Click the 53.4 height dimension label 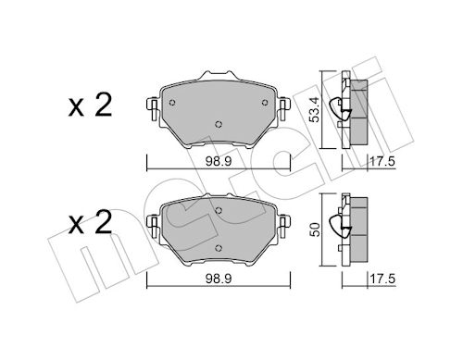point(315,109)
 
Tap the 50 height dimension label point(315,230)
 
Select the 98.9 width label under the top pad point(219,162)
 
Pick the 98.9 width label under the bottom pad point(219,279)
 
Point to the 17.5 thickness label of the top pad point(382,162)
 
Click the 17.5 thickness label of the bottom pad point(382,279)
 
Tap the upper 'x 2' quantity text point(90,106)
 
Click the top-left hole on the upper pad point(172,103)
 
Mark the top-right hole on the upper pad point(265,103)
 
